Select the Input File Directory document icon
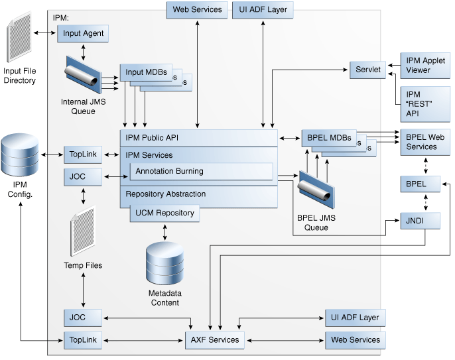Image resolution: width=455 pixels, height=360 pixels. point(19,40)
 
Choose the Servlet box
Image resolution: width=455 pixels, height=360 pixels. point(368,70)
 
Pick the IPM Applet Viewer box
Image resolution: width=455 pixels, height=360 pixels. point(425,65)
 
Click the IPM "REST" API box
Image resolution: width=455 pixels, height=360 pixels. point(425,104)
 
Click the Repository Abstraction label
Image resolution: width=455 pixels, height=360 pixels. point(166,194)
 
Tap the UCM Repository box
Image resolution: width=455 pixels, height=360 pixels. point(164,213)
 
